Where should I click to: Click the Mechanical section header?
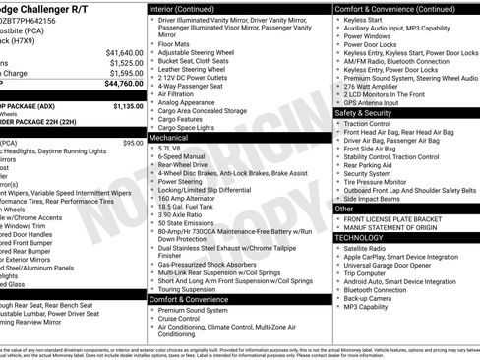(x=172, y=140)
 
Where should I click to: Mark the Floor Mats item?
(x=175, y=43)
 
